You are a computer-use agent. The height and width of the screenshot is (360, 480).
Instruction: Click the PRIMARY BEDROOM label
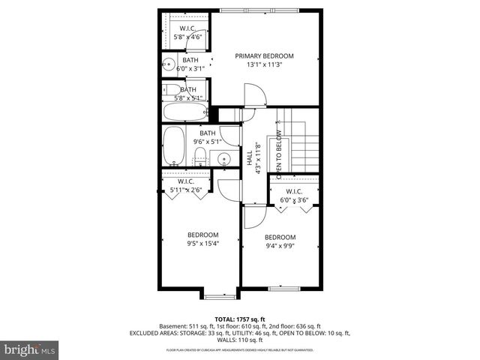pyautogui.click(x=264, y=56)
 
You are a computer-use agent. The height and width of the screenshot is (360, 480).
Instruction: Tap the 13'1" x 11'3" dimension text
pyautogui.click(x=264, y=65)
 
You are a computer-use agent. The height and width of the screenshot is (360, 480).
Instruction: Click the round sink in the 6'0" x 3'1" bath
pyautogui.click(x=169, y=64)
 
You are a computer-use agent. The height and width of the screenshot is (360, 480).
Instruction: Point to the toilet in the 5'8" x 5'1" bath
pyautogui.click(x=172, y=90)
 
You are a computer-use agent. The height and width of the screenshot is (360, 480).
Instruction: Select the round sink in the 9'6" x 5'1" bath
pyautogui.click(x=223, y=158)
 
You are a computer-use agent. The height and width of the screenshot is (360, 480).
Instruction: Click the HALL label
pyautogui.click(x=249, y=158)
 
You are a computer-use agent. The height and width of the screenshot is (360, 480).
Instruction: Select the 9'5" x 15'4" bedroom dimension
pyautogui.click(x=202, y=243)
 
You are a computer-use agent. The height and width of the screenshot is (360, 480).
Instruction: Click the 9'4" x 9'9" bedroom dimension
pyautogui.click(x=280, y=244)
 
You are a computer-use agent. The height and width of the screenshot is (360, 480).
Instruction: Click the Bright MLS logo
pyautogui.click(x=30, y=349)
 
